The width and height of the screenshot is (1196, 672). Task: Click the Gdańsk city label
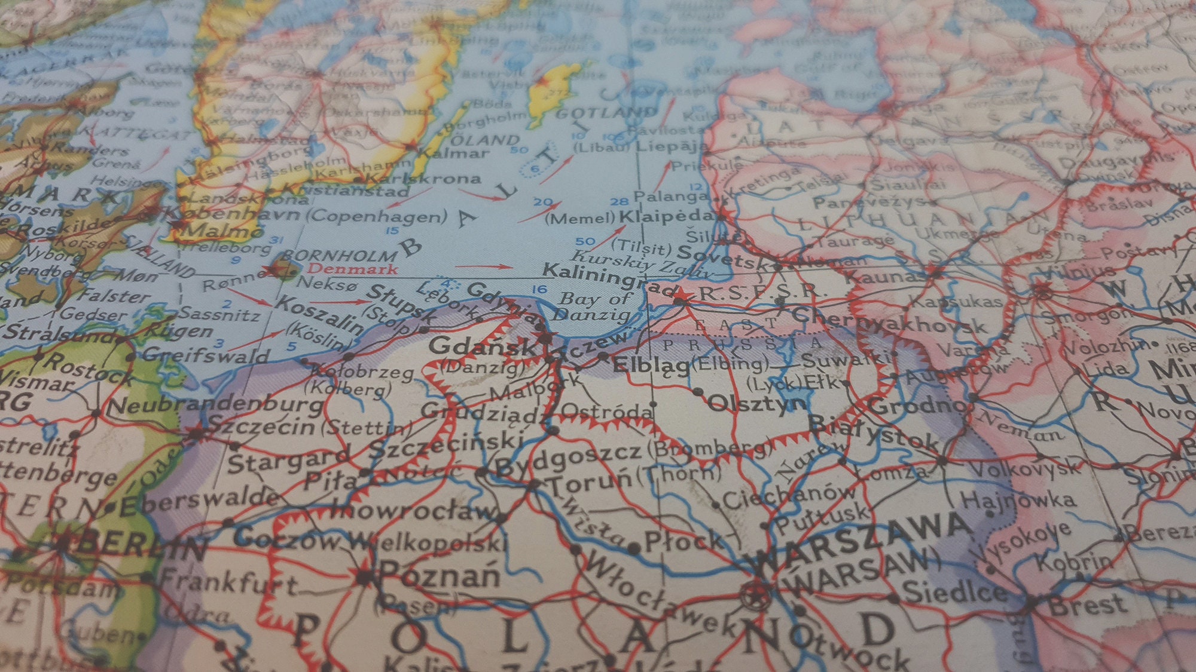tap(481, 346)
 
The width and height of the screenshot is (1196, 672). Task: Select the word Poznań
tap(440, 576)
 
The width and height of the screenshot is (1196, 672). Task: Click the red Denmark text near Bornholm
tap(352, 269)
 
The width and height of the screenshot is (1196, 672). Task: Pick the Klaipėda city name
tap(667, 216)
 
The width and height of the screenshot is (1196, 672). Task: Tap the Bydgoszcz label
tap(568, 457)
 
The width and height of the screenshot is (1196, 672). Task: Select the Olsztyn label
tap(756, 403)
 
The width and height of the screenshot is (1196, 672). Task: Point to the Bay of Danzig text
tap(595, 306)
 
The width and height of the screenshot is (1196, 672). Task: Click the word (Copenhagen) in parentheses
tap(377, 217)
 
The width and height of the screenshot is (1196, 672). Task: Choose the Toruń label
tap(589, 481)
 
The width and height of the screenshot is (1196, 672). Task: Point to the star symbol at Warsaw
tap(755, 594)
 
